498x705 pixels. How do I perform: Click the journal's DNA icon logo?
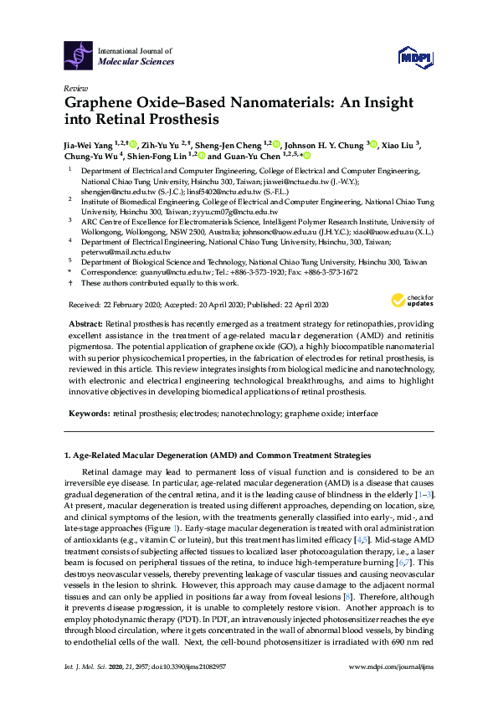[80, 56]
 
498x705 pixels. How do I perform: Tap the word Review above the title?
[74, 88]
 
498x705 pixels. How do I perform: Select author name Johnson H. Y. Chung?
[323, 143]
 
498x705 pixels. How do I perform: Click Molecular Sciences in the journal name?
[136, 62]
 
